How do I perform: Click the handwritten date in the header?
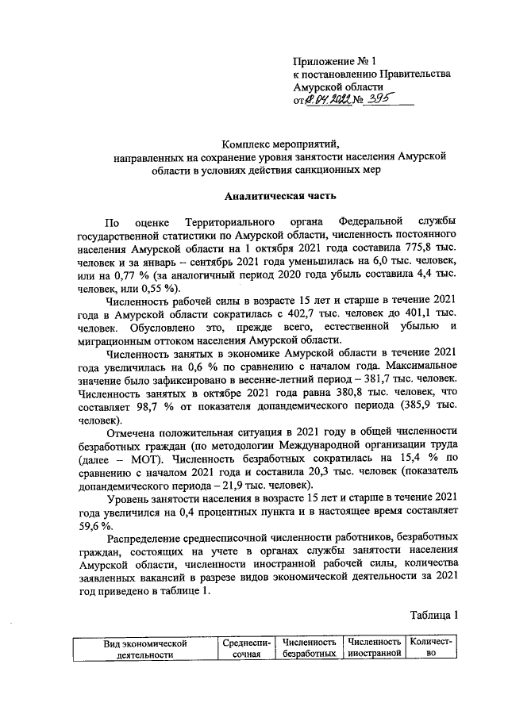click(x=329, y=100)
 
